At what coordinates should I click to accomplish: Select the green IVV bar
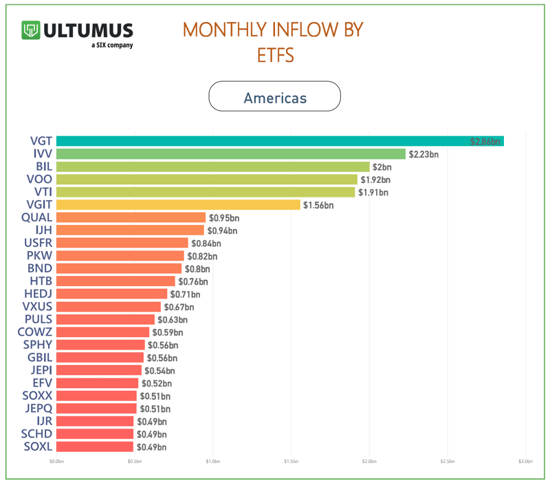point(230,154)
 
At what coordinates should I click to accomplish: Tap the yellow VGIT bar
point(178,205)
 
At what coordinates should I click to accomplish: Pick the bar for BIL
point(212,166)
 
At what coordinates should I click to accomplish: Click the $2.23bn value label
point(423,154)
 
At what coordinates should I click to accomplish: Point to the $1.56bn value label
point(318,205)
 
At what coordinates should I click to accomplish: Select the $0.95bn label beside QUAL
point(223,217)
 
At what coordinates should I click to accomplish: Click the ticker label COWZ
point(35,332)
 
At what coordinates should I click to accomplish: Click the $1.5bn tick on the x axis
point(291,462)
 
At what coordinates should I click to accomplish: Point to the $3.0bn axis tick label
point(525,462)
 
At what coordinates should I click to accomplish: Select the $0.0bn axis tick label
point(56,462)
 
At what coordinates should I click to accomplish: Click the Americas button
point(275,97)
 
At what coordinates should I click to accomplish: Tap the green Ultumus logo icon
point(31,30)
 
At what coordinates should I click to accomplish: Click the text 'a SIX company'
point(112,45)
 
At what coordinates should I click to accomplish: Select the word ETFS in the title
point(276,55)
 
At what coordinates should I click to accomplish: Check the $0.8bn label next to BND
point(197,268)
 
